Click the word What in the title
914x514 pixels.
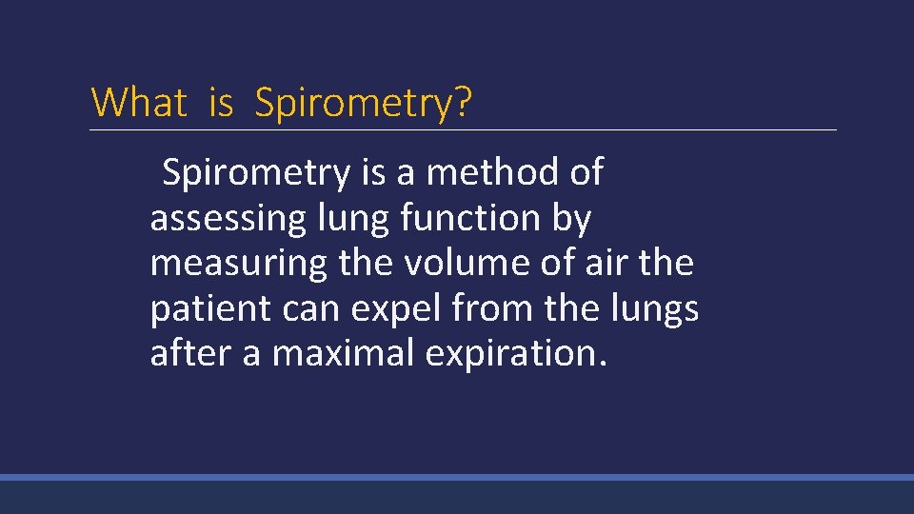click(x=138, y=102)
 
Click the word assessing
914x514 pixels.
click(x=225, y=219)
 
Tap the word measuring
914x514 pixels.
click(x=239, y=264)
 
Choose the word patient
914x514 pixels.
click(x=207, y=308)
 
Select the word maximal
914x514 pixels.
click(x=343, y=353)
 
